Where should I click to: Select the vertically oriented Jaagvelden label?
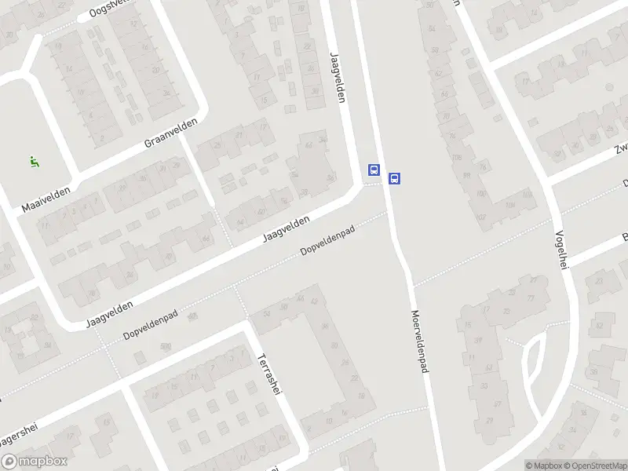point(338,77)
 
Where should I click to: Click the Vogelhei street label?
point(560,250)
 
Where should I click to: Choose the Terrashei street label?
point(268,374)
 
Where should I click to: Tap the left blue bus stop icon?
point(374,170)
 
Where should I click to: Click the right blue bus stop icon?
point(395,178)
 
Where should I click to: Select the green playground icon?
point(34,162)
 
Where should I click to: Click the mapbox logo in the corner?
point(34,462)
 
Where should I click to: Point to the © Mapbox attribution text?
point(543,466)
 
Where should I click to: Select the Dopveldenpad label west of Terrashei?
point(150,323)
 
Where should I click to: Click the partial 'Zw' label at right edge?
point(620,148)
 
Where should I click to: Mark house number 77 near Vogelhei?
point(531,298)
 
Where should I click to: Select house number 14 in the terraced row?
point(69,69)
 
